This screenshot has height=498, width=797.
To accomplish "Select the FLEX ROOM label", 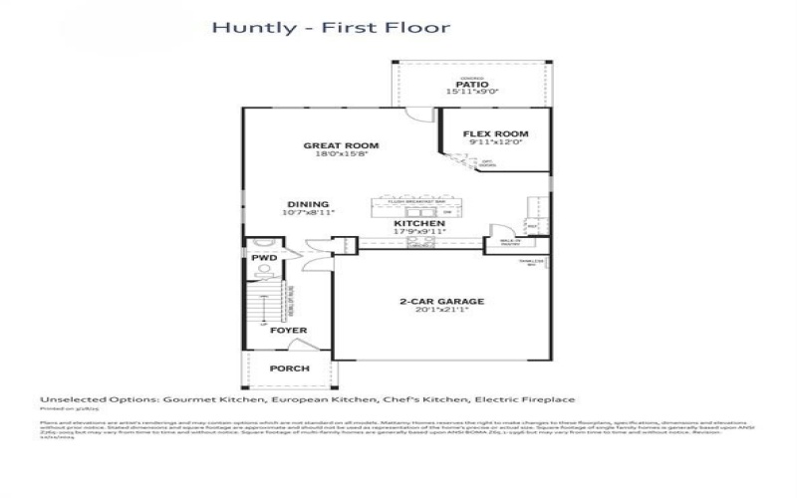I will click(x=495, y=133).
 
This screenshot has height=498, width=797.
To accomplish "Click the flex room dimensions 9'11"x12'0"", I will click(x=495, y=143).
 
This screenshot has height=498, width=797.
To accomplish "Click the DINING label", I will click(x=309, y=204).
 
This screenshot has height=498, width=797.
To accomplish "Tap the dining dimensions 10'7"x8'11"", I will click(x=309, y=213).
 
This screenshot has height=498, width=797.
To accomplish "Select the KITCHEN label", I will click(x=419, y=224).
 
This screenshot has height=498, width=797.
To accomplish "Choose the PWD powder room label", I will click(x=263, y=258).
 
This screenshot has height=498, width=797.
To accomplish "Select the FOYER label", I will click(x=289, y=330).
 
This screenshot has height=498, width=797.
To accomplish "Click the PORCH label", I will click(x=290, y=369).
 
